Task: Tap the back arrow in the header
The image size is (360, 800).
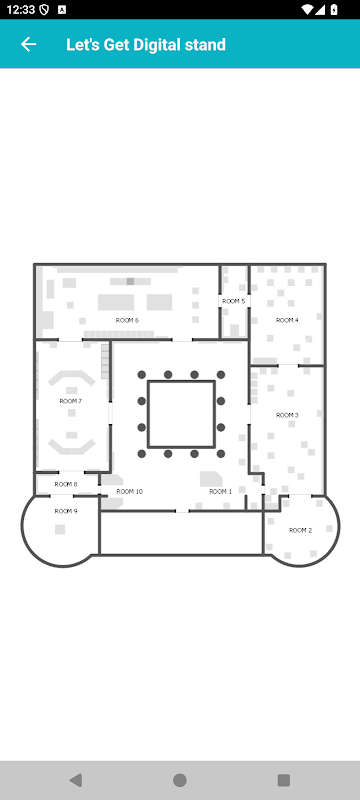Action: click(29, 44)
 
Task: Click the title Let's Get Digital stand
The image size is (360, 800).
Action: click(146, 45)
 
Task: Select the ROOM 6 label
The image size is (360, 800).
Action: click(127, 320)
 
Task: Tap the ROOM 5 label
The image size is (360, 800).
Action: click(234, 302)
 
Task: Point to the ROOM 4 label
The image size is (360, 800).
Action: click(287, 320)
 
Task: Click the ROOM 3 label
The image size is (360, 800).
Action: click(287, 415)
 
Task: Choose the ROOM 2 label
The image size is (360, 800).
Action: click(300, 531)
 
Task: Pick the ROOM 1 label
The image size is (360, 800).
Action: click(220, 492)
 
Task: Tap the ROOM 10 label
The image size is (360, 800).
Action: click(130, 492)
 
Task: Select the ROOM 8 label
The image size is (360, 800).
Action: click(66, 484)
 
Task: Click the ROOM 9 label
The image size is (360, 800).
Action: click(66, 511)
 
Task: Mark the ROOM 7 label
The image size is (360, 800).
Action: click(71, 402)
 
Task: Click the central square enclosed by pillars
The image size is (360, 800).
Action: click(181, 414)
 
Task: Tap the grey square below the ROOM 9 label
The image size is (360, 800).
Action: click(60, 530)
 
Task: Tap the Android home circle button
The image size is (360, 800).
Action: click(179, 780)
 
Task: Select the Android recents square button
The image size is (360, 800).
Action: click(284, 780)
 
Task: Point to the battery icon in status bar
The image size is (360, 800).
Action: click(334, 10)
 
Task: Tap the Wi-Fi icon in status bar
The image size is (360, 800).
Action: click(307, 10)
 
